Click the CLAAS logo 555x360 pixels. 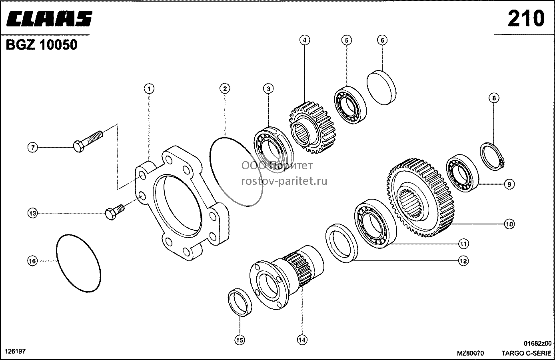(49, 18)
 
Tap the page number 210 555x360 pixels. (526, 18)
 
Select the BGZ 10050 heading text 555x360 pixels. (42, 45)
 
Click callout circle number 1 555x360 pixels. (149, 88)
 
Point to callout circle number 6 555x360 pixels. (382, 40)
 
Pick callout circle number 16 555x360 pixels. (32, 261)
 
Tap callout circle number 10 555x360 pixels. (509, 224)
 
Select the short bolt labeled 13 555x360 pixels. (115, 212)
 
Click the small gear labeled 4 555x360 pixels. (313, 128)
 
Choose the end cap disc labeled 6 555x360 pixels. (381, 88)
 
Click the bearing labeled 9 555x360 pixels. (462, 173)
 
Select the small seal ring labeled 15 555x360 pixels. (240, 302)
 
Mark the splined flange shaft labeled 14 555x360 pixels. (287, 278)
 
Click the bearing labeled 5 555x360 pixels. (350, 105)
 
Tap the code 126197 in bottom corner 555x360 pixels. (15, 351)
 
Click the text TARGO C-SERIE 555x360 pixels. (526, 353)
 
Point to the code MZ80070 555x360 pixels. (470, 353)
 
